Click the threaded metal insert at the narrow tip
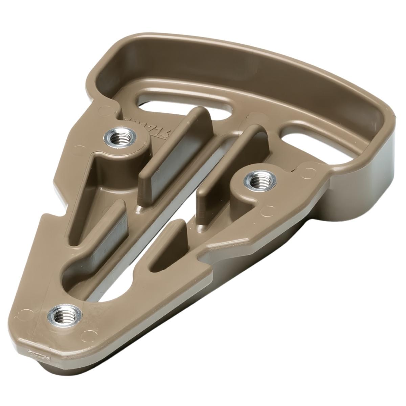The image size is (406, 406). pos(64,314)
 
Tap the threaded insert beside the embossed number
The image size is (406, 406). pos(121,137)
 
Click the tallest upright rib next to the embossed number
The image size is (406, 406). pos(176,145)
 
